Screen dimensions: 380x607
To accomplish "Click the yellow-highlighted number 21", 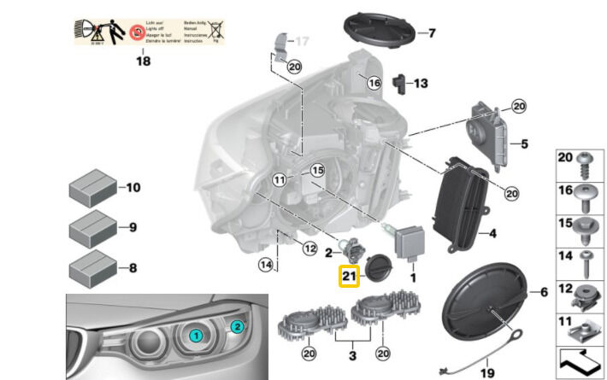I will coord(350,277).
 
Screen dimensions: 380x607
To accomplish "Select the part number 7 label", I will coord(432,34).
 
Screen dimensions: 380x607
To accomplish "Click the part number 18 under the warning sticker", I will coord(142,61).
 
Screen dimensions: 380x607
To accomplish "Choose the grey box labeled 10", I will coord(91,187).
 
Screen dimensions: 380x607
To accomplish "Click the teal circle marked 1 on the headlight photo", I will coord(196,336).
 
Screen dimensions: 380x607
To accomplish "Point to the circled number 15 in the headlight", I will coord(317,171).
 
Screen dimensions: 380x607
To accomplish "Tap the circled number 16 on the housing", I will coord(373,83).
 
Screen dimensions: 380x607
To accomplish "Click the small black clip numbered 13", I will coord(398,83).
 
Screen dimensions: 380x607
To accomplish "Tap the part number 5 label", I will coord(525,143).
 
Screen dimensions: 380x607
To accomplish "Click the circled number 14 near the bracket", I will coord(266,266).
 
